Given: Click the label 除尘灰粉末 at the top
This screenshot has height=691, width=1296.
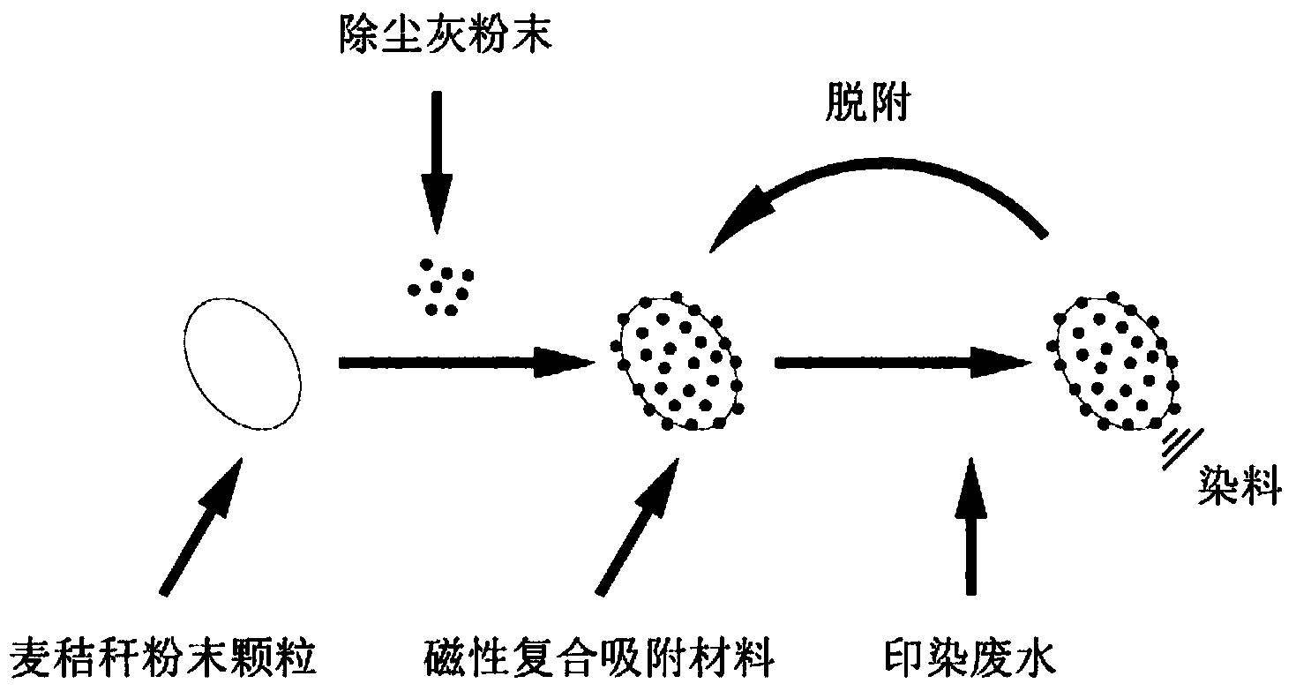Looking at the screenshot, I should coord(445,36).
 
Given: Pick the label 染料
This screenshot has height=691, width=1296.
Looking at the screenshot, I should coord(1239,487).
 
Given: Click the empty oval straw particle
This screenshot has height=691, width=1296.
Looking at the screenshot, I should coord(242,363).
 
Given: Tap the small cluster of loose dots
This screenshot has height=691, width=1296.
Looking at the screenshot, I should coord(438,286).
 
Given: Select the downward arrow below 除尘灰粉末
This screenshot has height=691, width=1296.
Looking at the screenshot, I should coord(436,159).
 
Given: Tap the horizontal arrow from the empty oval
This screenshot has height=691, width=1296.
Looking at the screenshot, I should coord(463,362).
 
